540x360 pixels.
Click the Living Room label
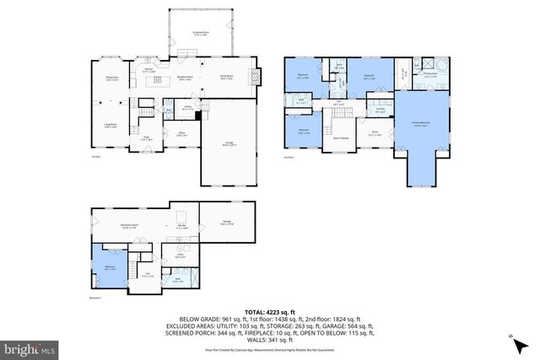(x=111, y=126)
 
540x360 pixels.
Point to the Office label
(x=181, y=133)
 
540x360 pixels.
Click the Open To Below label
(x=342, y=137)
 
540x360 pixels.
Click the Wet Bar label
(x=181, y=225)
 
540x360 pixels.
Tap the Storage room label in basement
(x=227, y=223)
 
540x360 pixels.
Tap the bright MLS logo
(x=30, y=347)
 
